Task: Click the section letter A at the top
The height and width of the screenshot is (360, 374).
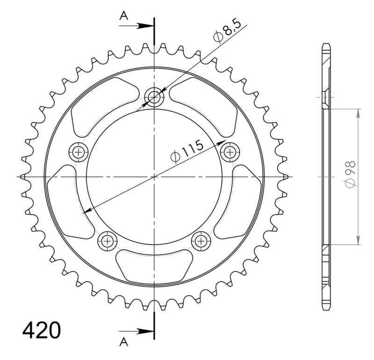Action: pyautogui.click(x=124, y=16)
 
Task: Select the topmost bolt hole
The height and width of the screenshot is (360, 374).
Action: pyautogui.click(x=154, y=98)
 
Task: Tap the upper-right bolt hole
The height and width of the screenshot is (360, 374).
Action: pyautogui.click(x=230, y=151)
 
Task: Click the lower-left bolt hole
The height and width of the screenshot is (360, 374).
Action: pyautogui.click(x=108, y=240)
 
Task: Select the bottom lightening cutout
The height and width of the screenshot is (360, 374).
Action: pyautogui.click(x=154, y=264)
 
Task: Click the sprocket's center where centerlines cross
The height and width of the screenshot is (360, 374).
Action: pyautogui.click(x=154, y=177)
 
